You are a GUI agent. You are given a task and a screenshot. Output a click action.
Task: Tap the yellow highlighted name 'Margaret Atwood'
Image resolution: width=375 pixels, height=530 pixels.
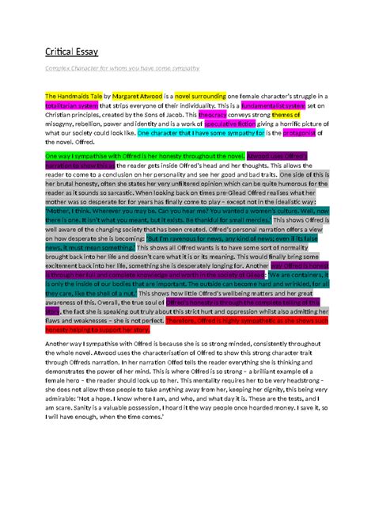(x=142, y=96)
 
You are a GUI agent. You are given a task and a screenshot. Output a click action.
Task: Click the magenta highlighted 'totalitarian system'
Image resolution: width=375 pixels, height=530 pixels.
(x=70, y=105)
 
